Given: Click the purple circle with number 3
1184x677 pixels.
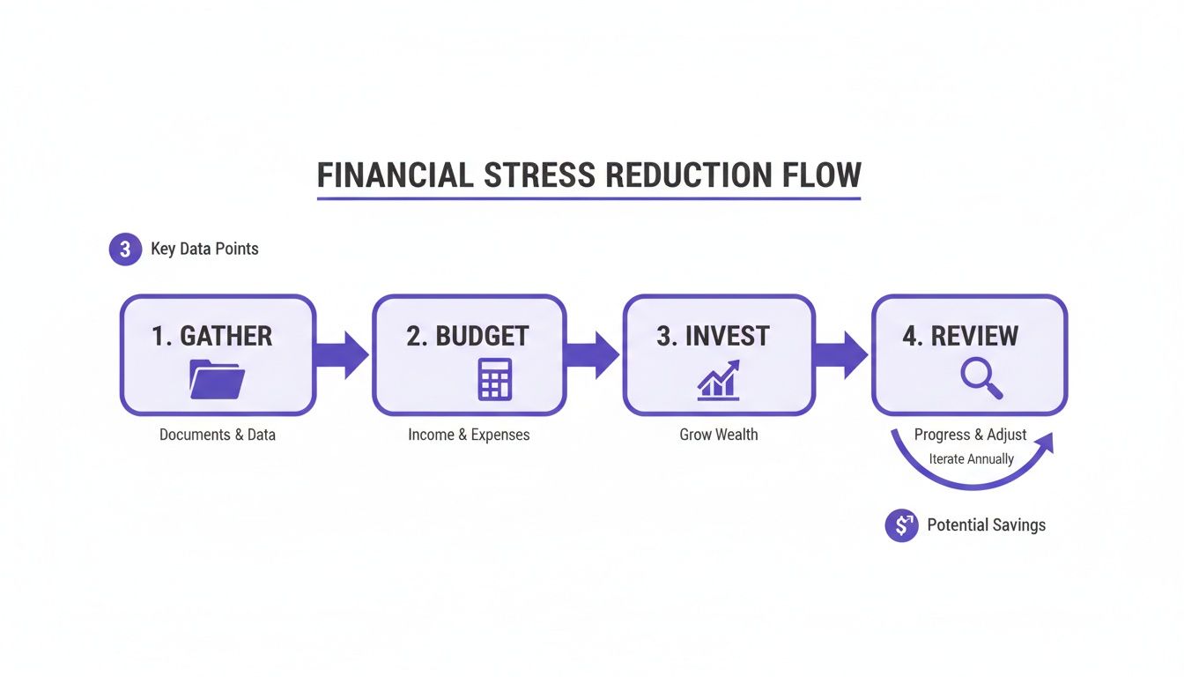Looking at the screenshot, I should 125,249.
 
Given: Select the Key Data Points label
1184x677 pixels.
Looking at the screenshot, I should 204,249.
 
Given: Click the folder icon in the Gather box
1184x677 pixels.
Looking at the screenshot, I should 218,379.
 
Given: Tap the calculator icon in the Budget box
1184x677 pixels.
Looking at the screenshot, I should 494,379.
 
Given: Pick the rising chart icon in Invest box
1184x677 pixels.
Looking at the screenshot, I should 718,380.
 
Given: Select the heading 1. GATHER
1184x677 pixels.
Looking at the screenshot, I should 211,336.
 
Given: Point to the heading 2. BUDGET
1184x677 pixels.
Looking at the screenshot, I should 468,336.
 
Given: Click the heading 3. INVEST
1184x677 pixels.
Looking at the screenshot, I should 713,336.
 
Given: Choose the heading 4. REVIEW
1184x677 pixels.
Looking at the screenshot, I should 960,336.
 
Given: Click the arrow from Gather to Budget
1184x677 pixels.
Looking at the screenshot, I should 343,355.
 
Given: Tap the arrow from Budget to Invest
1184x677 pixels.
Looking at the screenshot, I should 593,355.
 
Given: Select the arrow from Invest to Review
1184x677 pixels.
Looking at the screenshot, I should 842,355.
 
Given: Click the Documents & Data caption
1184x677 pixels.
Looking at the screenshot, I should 218,435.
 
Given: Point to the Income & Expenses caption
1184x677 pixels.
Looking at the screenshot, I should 469,435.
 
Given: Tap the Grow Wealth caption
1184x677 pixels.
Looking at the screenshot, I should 718,435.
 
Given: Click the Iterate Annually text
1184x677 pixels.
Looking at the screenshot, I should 971,459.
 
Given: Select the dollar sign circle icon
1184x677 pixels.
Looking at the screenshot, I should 901,525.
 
